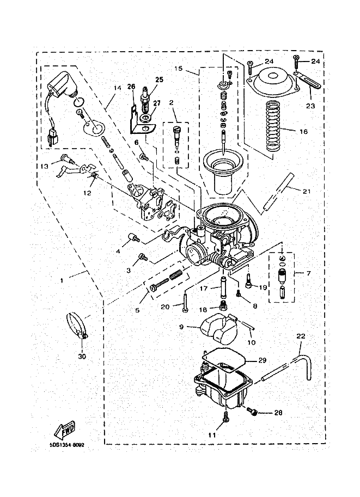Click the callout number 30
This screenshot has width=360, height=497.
[82, 357]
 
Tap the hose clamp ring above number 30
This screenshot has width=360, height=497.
[78, 325]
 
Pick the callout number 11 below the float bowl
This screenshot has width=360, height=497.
[211, 435]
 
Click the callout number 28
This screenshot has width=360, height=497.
[278, 413]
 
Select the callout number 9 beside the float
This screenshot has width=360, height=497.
[181, 327]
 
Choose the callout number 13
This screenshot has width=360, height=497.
[44, 165]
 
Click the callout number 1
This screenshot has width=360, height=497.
[62, 280]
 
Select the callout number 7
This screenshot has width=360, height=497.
[308, 272]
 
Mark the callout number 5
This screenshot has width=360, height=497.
[137, 310]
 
